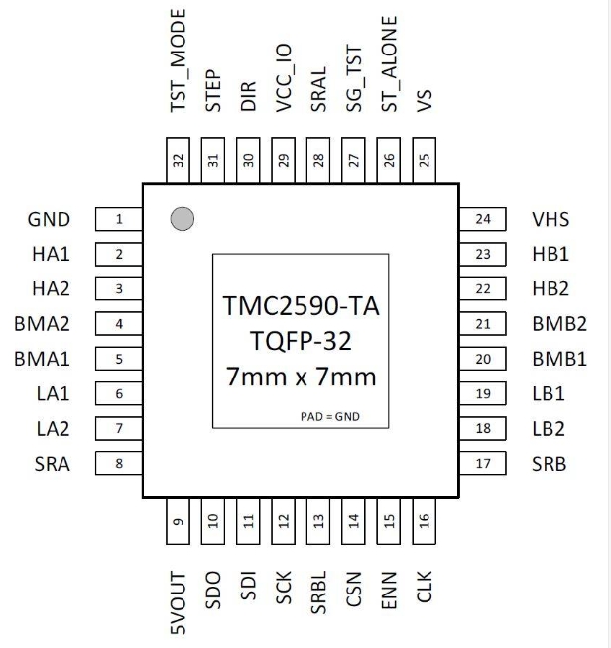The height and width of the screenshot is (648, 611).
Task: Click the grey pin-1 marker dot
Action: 183,219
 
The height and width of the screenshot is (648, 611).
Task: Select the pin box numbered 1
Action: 119,219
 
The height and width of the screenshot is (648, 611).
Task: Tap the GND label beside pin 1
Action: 49,219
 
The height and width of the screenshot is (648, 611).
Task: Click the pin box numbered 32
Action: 178,160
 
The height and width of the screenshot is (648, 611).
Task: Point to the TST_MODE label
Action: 179,60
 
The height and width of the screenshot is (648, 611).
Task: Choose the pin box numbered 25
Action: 424,160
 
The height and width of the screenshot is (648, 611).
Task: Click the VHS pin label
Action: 550,219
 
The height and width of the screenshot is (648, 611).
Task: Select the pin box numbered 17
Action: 483,463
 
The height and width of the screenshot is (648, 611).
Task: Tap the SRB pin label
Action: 549,464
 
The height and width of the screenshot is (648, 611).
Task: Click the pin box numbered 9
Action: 178,521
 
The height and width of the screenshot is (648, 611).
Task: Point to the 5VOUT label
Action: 179,603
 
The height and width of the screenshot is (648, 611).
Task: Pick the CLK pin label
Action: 424,587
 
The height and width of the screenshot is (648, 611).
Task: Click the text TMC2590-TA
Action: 301,306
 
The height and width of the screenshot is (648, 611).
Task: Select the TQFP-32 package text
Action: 301,341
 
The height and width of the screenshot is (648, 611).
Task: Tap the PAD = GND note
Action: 330,416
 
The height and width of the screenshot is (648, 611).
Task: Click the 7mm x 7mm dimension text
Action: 302,377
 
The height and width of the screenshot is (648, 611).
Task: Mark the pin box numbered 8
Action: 119,463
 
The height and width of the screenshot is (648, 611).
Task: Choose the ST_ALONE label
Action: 389,64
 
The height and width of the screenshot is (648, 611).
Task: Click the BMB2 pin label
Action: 559,324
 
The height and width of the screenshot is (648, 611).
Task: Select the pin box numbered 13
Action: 318,521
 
